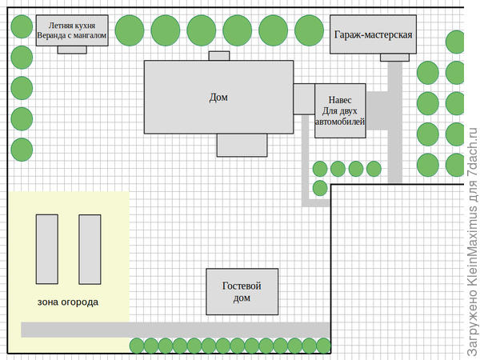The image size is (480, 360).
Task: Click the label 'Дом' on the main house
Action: pos(218,98)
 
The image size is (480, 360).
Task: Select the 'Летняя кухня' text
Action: pos(72,26)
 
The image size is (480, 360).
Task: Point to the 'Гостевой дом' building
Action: pos(242,291)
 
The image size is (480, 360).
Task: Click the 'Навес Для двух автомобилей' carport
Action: pos(340,110)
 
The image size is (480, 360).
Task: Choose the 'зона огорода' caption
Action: pos(68,302)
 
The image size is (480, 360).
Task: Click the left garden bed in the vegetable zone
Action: pos(48,249)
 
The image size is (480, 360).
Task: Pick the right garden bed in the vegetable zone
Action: pos(89,249)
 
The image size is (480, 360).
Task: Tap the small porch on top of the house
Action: pos(218,56)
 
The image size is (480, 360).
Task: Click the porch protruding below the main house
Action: pos(241,145)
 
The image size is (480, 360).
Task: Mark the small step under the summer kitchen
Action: pos(72,49)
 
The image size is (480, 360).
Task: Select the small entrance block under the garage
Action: pos(394,57)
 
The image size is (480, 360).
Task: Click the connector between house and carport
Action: pos(304,98)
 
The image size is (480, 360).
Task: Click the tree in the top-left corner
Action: pos(21,28)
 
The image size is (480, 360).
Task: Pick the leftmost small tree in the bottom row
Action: pos(138,346)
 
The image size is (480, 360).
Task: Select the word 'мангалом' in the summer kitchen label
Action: pos(88,35)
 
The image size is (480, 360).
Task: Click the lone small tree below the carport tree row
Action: pos(319,188)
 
